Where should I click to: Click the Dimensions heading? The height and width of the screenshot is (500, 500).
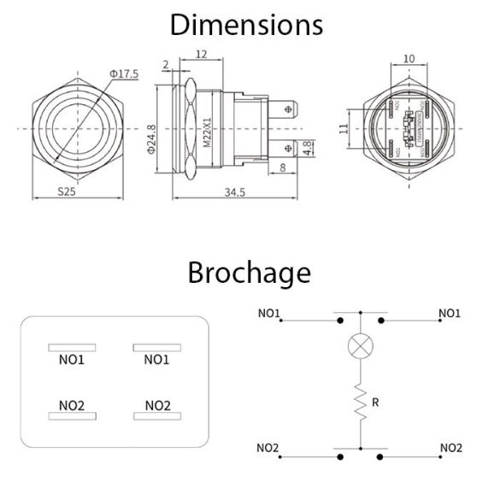point(247,24)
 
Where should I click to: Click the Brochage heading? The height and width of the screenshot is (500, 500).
point(249,273)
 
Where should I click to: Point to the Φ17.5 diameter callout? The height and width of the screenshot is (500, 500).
point(124,74)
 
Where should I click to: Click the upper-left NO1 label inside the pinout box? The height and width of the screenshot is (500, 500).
point(71,360)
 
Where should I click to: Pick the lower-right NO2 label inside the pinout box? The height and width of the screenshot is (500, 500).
point(157,404)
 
